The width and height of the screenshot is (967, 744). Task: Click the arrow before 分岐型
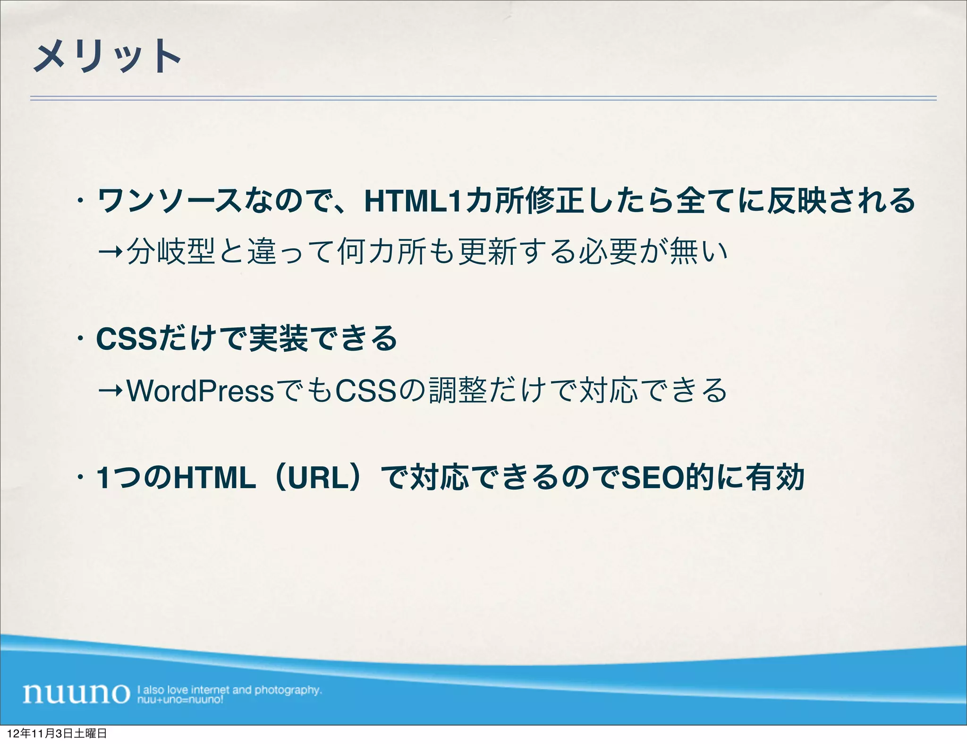pos(111,251)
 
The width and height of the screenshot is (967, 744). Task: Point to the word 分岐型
pos(172,251)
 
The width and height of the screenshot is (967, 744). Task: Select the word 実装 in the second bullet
pos(279,339)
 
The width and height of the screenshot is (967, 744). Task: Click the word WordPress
pos(201,391)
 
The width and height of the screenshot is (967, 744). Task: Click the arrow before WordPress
pos(111,391)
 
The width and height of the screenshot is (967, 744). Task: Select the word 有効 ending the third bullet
pos(775,478)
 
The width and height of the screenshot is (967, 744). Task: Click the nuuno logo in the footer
pos(76,693)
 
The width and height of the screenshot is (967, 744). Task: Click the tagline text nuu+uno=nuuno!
pos(180,700)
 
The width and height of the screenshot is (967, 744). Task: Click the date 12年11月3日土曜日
pos(57,734)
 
